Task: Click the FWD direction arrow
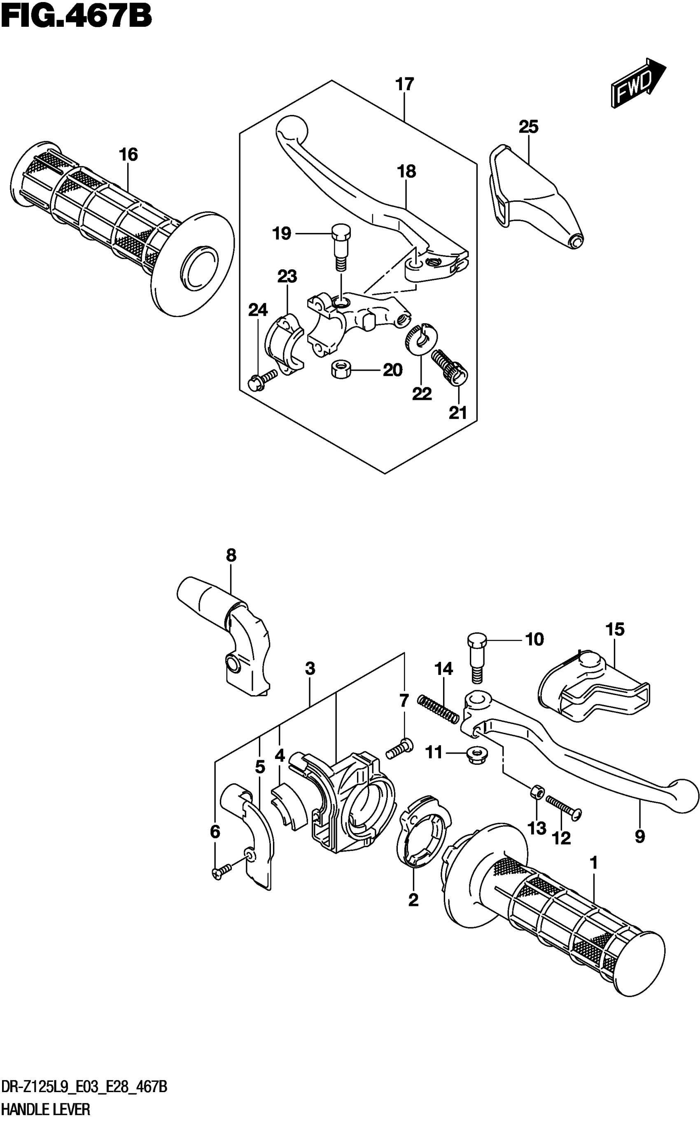point(638,83)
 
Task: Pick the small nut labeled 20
point(341,369)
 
